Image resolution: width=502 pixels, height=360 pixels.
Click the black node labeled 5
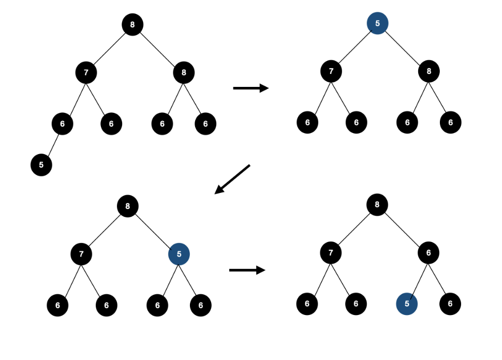coord(41,165)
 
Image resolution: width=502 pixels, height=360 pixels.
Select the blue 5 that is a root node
coord(377,23)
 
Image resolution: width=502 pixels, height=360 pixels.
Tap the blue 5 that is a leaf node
coord(407,304)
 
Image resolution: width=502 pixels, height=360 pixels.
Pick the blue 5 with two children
coord(179,254)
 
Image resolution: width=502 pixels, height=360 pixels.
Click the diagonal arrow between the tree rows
coord(232,179)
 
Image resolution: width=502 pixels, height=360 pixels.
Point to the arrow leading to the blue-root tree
coord(250,88)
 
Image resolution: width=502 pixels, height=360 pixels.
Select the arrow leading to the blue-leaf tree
coord(247,270)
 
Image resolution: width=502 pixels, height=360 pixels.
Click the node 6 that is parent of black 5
coord(62,124)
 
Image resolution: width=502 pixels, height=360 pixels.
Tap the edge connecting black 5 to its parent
coord(52,144)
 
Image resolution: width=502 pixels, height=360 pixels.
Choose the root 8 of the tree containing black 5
coord(132,24)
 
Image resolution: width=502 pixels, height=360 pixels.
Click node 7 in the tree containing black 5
coord(86,72)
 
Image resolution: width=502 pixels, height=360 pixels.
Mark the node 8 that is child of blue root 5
coord(429,71)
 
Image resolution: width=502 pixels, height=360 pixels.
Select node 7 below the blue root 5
coord(331,71)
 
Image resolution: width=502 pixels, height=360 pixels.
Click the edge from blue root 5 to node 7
coord(355,47)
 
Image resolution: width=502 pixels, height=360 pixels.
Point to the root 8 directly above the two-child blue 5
coord(128,206)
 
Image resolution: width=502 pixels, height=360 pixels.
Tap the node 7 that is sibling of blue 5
coord(81,253)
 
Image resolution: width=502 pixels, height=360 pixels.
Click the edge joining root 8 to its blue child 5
coord(153,230)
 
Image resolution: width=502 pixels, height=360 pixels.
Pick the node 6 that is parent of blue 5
coord(428,253)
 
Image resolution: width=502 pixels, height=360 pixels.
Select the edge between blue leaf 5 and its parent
coord(418,278)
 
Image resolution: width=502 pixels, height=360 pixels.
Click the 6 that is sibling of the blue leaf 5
coord(450,304)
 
